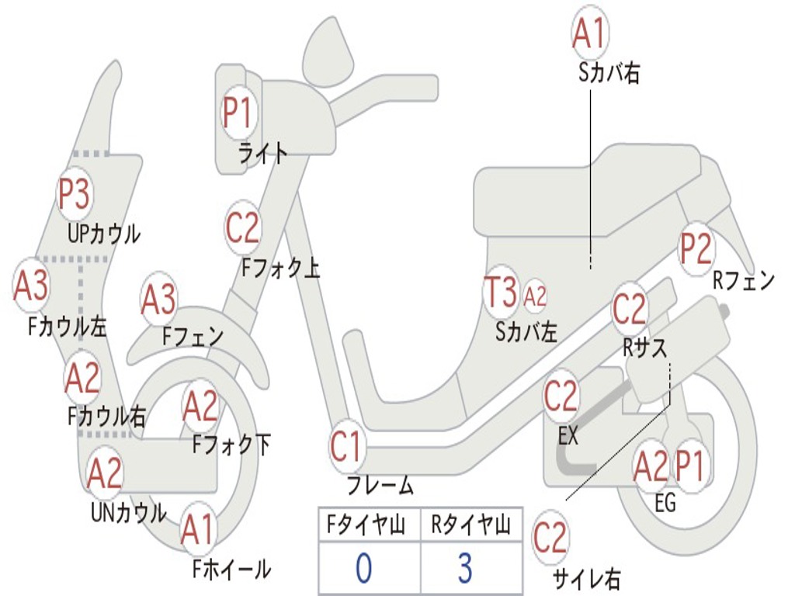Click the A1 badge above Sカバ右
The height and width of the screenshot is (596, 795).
coord(590,33)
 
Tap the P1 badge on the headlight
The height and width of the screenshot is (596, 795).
coord(238,113)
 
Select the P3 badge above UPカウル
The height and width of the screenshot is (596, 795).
coord(74,193)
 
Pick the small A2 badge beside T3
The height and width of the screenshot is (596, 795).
coord(534,296)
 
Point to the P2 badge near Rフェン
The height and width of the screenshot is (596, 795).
coord(696,248)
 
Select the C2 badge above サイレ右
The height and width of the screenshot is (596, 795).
coord(550,537)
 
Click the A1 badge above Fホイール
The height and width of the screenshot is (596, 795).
coord(198,530)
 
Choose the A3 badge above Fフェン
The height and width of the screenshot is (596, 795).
coord(158,299)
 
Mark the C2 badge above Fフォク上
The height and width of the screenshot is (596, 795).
coord(243,227)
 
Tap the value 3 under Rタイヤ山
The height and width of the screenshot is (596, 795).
coord(466,567)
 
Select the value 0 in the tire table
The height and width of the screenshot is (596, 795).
coord(363,567)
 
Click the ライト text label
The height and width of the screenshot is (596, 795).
coord(263,152)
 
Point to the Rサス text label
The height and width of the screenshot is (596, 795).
coord(644,348)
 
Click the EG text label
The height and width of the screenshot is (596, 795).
coord(665,503)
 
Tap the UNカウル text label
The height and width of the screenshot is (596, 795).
coord(129,512)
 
